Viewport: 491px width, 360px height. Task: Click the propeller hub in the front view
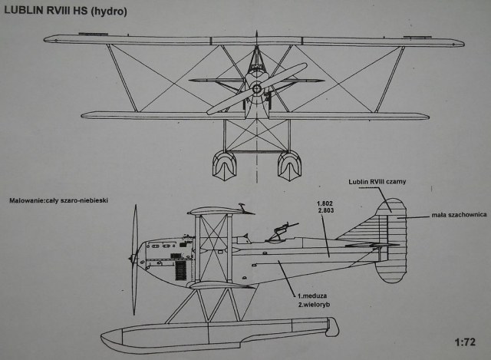(256, 89)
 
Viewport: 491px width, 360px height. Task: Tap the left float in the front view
(223, 164)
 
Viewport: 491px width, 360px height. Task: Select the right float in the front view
(289, 164)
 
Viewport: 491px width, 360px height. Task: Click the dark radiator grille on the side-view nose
(180, 269)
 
